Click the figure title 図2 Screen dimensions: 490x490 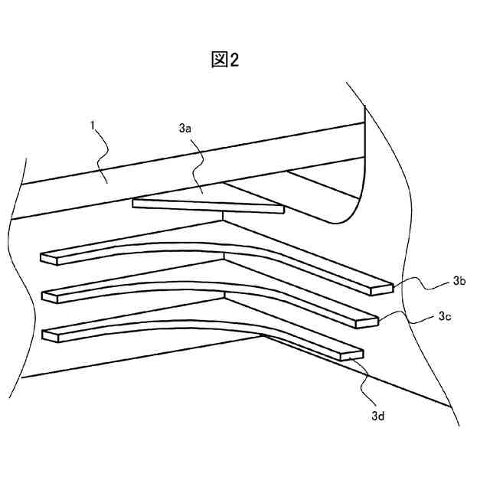225,60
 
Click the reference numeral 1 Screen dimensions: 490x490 93,122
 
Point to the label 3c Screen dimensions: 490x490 445,315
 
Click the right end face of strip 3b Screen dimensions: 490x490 382,289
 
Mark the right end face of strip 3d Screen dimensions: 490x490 354,354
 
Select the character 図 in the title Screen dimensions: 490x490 219,60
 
